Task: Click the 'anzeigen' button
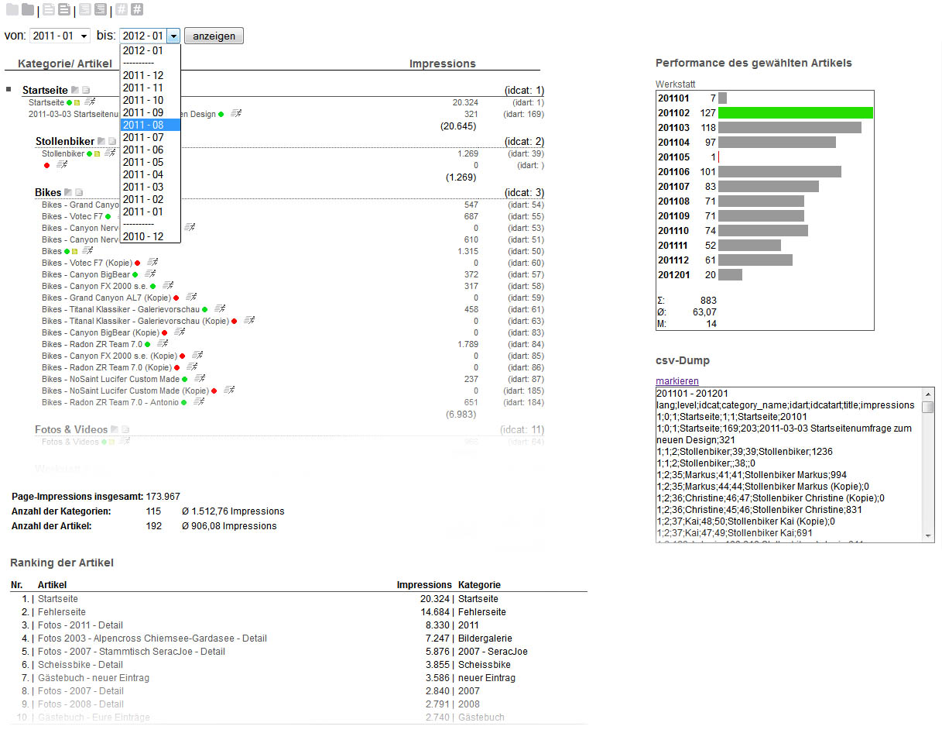(x=214, y=36)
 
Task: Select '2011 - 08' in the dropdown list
(x=143, y=125)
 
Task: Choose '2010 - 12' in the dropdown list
(x=143, y=236)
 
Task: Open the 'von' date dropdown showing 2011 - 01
(x=60, y=36)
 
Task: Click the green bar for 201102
(x=795, y=113)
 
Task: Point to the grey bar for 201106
(x=779, y=172)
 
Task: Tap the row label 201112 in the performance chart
(x=673, y=260)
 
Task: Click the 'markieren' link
(x=677, y=380)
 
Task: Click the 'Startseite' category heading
(x=45, y=91)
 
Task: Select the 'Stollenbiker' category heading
(x=65, y=142)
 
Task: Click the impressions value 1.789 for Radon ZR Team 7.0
(x=468, y=344)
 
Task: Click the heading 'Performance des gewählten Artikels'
(x=753, y=63)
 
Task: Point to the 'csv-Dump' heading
(x=682, y=360)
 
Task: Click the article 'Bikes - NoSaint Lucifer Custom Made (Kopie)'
(x=125, y=391)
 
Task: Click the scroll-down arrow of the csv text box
(x=928, y=535)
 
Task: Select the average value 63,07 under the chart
(x=704, y=312)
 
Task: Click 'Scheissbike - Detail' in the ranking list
(x=80, y=665)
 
